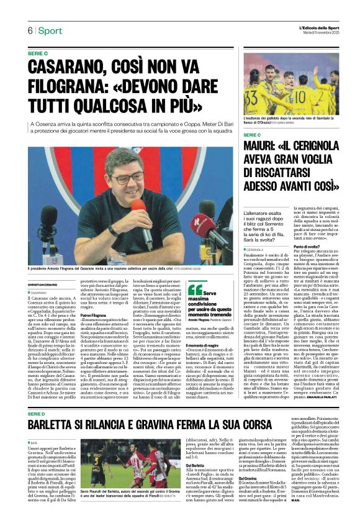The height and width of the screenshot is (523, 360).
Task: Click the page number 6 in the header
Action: (29, 30)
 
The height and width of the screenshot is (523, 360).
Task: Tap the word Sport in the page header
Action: (50, 30)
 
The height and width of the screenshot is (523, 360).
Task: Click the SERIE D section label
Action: (37, 396)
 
